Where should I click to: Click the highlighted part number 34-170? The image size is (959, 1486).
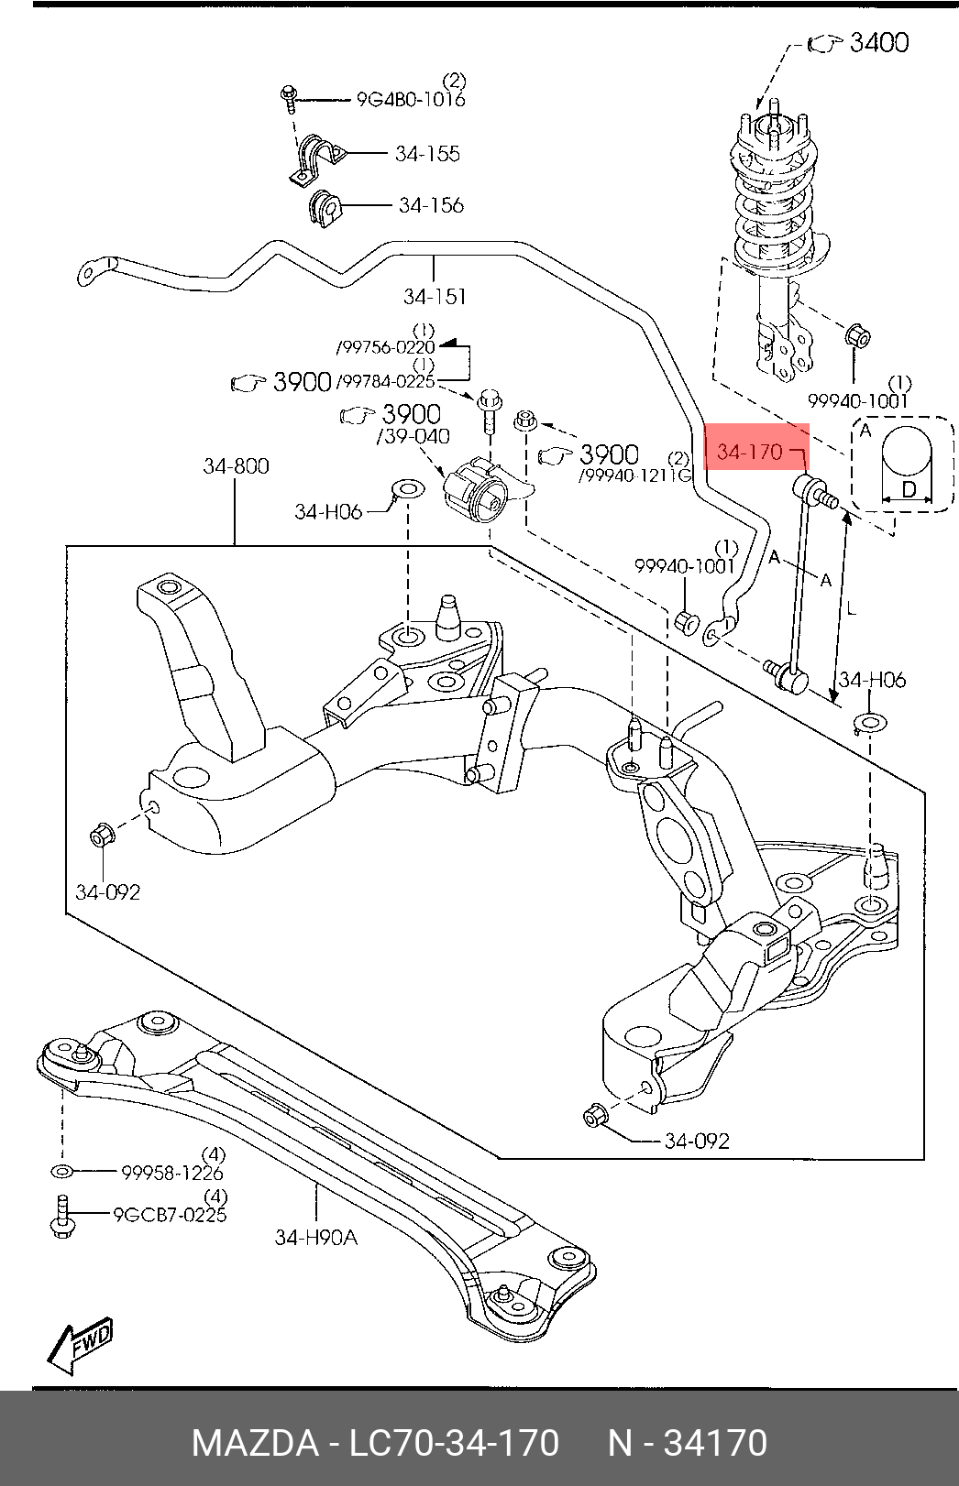click(750, 452)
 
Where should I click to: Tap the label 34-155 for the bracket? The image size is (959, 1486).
click(427, 154)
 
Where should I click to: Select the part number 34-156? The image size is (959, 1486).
click(431, 205)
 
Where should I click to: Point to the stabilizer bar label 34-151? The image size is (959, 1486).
click(435, 296)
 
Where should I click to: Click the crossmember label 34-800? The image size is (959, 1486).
click(236, 466)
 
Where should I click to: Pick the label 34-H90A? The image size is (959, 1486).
click(315, 1238)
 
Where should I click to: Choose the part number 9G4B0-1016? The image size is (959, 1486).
click(411, 100)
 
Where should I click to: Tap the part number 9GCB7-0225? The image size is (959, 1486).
click(170, 1215)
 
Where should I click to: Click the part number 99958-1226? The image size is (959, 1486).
click(172, 1173)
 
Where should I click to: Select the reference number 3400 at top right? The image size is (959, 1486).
click(878, 42)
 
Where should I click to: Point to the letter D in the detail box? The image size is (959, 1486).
click(908, 489)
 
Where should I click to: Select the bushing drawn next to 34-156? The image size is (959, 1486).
click(324, 209)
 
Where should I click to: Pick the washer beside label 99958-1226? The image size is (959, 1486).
click(62, 1172)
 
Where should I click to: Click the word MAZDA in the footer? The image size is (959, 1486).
click(254, 1443)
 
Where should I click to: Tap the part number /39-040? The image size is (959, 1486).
click(414, 437)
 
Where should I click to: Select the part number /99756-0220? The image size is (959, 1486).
click(386, 347)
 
